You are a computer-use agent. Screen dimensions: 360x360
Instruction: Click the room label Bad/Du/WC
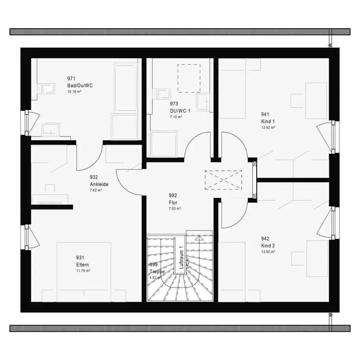80,85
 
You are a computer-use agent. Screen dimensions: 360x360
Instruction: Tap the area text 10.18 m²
74,92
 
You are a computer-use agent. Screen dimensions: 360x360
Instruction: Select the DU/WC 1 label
180,111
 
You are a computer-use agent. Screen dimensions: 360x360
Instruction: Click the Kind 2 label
268,245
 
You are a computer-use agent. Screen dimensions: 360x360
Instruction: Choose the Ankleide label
99,184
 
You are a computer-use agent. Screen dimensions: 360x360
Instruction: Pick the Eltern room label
83,265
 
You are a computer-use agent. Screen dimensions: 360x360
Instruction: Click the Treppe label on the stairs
157,272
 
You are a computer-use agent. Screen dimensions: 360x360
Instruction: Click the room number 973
174,104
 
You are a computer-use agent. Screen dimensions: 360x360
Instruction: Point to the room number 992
173,196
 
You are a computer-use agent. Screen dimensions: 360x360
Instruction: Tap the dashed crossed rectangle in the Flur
223,180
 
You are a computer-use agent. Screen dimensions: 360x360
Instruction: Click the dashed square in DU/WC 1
189,78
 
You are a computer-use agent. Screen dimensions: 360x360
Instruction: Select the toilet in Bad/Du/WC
47,88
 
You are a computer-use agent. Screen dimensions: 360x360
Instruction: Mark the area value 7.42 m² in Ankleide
96,190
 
